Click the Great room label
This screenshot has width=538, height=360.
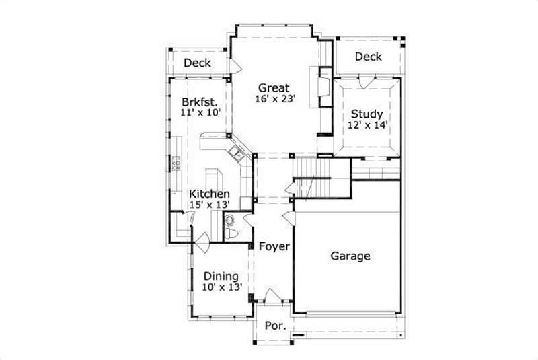tap(275, 87)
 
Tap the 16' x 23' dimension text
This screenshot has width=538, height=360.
tap(275, 99)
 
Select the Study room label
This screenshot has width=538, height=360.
tap(367, 114)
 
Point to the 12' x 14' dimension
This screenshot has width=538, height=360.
tap(367, 125)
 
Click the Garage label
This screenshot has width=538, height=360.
tap(350, 256)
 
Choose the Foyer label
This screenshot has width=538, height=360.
tap(274, 246)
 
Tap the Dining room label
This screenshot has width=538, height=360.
tap(221, 276)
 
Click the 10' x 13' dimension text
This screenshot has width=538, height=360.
tap(221, 287)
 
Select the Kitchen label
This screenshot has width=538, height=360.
tap(209, 194)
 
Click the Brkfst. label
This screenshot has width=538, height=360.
tap(200, 102)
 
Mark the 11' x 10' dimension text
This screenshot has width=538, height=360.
tap(200, 112)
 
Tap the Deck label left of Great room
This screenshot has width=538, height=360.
tap(197, 63)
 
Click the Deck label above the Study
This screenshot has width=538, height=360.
tap(368, 57)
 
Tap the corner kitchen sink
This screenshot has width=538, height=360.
tap(237, 153)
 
